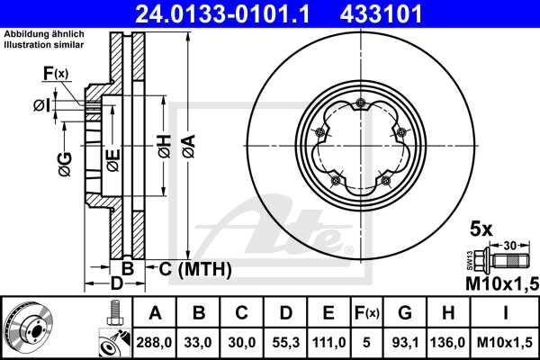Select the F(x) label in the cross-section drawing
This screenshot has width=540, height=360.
[x=55, y=73]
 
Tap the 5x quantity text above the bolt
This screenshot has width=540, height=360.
[x=481, y=229]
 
